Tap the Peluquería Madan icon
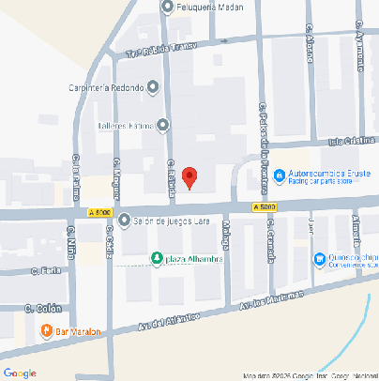(x=168, y=8)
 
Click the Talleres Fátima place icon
(x=163, y=125)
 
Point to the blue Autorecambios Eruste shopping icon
(x=277, y=174)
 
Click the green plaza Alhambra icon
(x=156, y=258)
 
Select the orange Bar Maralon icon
(x=46, y=329)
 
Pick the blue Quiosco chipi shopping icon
(x=320, y=257)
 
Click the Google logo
(x=20, y=373)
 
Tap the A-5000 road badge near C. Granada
(x=265, y=206)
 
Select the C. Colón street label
(x=43, y=308)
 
